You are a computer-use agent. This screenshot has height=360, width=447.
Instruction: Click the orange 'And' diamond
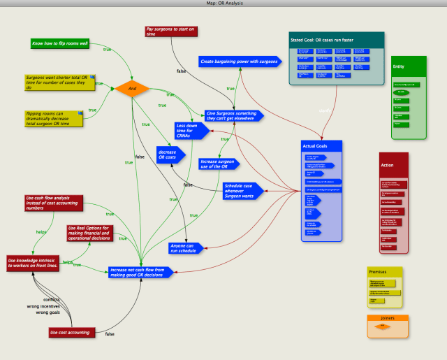136,88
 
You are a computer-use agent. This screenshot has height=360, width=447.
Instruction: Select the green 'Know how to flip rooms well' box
61,43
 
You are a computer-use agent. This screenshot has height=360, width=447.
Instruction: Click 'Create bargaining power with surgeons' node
238,62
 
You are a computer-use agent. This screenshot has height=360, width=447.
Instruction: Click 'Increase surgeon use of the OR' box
219,164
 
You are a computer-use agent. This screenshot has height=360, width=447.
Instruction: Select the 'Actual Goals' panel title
316,145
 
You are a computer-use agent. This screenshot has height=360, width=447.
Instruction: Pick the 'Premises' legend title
378,272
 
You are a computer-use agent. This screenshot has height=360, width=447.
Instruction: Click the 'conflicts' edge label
52,299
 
